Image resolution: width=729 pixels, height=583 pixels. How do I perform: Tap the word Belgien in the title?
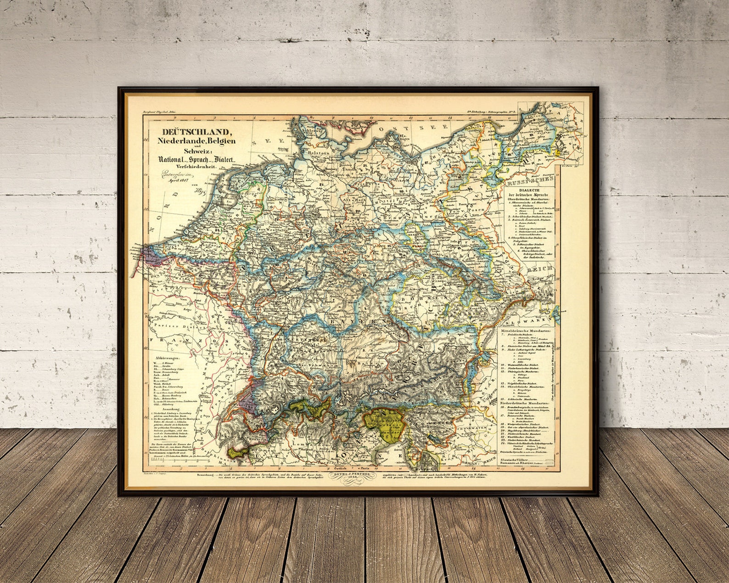tap(219, 141)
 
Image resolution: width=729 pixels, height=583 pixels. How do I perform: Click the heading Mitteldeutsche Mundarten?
tap(528, 331)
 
